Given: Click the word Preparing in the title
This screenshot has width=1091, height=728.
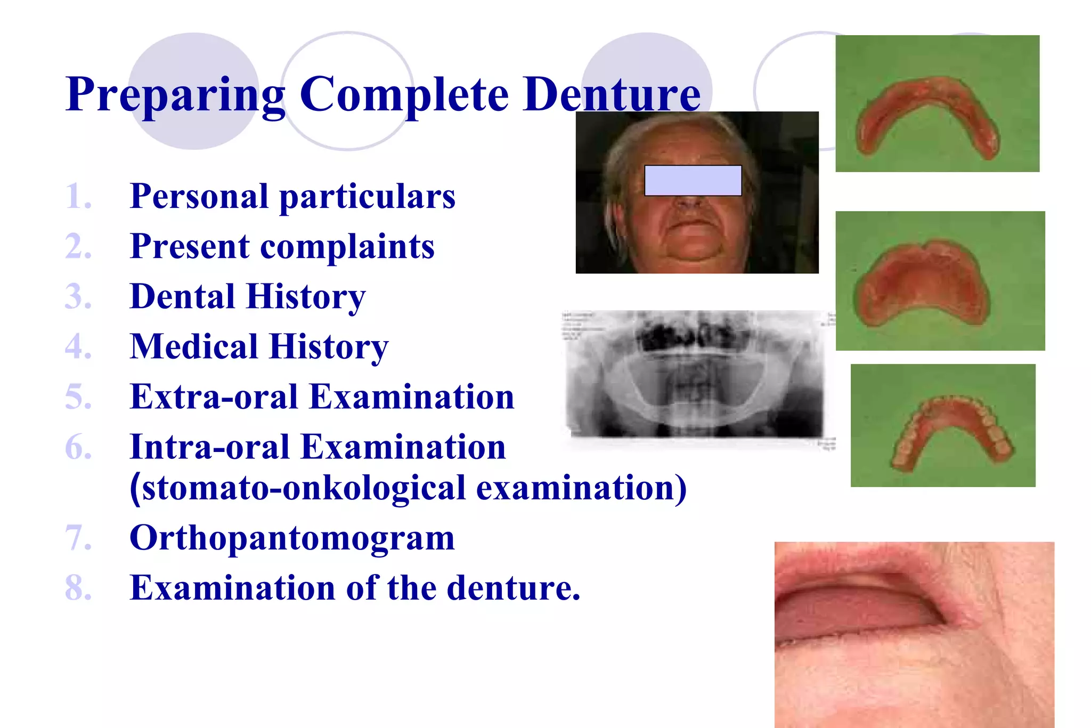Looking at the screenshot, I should (x=176, y=95).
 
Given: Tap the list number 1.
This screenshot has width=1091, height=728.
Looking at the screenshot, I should (x=78, y=197).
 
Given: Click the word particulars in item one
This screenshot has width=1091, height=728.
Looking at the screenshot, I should (x=367, y=197).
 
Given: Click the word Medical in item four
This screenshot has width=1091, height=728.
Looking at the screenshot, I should (x=194, y=346).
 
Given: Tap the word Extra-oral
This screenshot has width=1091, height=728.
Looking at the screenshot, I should (x=214, y=397).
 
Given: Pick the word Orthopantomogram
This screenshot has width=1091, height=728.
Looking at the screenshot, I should (x=292, y=538).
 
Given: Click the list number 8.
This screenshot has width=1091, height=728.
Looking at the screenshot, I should (x=78, y=588).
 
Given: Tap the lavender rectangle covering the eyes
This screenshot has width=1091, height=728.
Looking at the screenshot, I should (x=693, y=181).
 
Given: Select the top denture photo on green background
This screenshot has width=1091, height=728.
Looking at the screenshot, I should (x=937, y=104).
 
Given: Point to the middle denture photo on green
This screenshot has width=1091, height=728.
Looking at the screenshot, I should (x=940, y=281).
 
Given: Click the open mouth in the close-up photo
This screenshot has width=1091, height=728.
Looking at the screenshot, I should (x=858, y=608).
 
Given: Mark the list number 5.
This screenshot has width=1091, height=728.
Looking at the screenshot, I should (x=78, y=397).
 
